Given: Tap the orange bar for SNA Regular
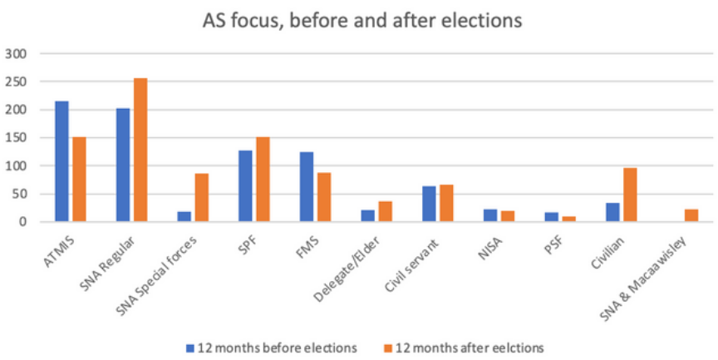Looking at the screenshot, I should [140, 150].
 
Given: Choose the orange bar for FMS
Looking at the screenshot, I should [323, 197].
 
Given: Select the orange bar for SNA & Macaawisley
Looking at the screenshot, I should [691, 215].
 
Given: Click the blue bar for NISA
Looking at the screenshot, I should [490, 215].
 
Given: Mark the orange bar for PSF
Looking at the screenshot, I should [568, 219].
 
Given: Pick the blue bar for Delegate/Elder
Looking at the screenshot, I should [367, 216].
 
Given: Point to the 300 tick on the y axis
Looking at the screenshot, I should [17, 54].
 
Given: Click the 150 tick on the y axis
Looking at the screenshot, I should [17, 138].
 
